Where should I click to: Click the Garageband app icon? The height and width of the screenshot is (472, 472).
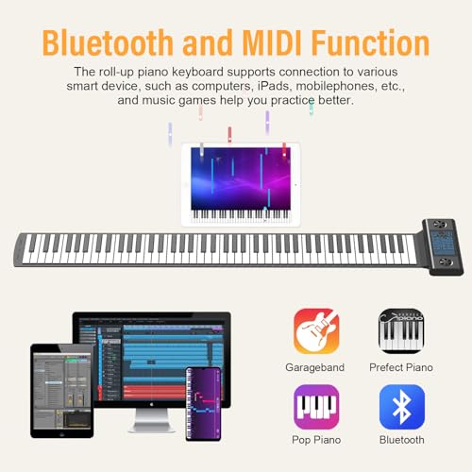316,331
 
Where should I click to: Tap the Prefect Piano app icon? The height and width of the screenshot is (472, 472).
401,331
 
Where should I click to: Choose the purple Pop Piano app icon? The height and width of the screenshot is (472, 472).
316,407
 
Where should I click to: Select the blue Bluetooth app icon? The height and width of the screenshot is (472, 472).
401,407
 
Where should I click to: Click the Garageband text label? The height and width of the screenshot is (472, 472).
316,367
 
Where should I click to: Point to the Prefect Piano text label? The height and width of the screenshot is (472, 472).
401,367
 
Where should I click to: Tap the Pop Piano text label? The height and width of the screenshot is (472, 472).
316,441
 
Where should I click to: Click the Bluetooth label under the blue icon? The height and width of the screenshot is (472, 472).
401,441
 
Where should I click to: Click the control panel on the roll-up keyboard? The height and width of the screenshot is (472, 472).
442,245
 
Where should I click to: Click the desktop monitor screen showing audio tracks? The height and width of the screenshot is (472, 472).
151,360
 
